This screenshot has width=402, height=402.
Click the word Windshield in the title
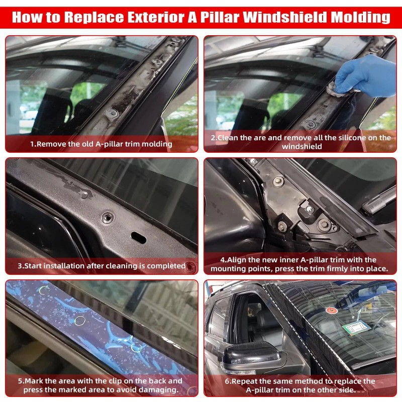click(287, 17)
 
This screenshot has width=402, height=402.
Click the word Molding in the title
click(361, 17)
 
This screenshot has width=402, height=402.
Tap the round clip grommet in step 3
click(108, 218)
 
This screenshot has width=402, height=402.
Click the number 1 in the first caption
click(32, 144)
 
